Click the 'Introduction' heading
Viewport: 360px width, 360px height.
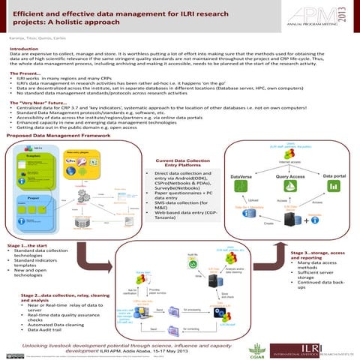coord(24,49)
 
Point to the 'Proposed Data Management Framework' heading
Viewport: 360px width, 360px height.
coord(53,136)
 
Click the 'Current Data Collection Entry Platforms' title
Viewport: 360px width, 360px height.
coord(182,163)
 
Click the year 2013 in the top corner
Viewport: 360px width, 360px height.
coord(352,16)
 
